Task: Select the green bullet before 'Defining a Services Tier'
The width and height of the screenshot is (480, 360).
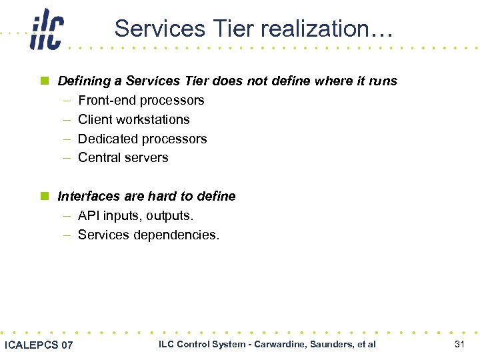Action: tap(45, 81)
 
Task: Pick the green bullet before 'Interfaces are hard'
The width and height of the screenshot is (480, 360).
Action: tap(45, 197)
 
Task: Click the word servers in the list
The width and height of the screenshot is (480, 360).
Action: tap(147, 158)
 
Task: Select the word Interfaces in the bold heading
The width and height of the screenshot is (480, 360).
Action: tap(87, 197)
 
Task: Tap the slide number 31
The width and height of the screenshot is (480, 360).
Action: tap(459, 345)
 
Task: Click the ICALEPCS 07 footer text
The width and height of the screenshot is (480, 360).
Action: tap(39, 345)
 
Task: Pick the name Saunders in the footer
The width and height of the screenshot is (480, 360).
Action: tap(337, 345)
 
